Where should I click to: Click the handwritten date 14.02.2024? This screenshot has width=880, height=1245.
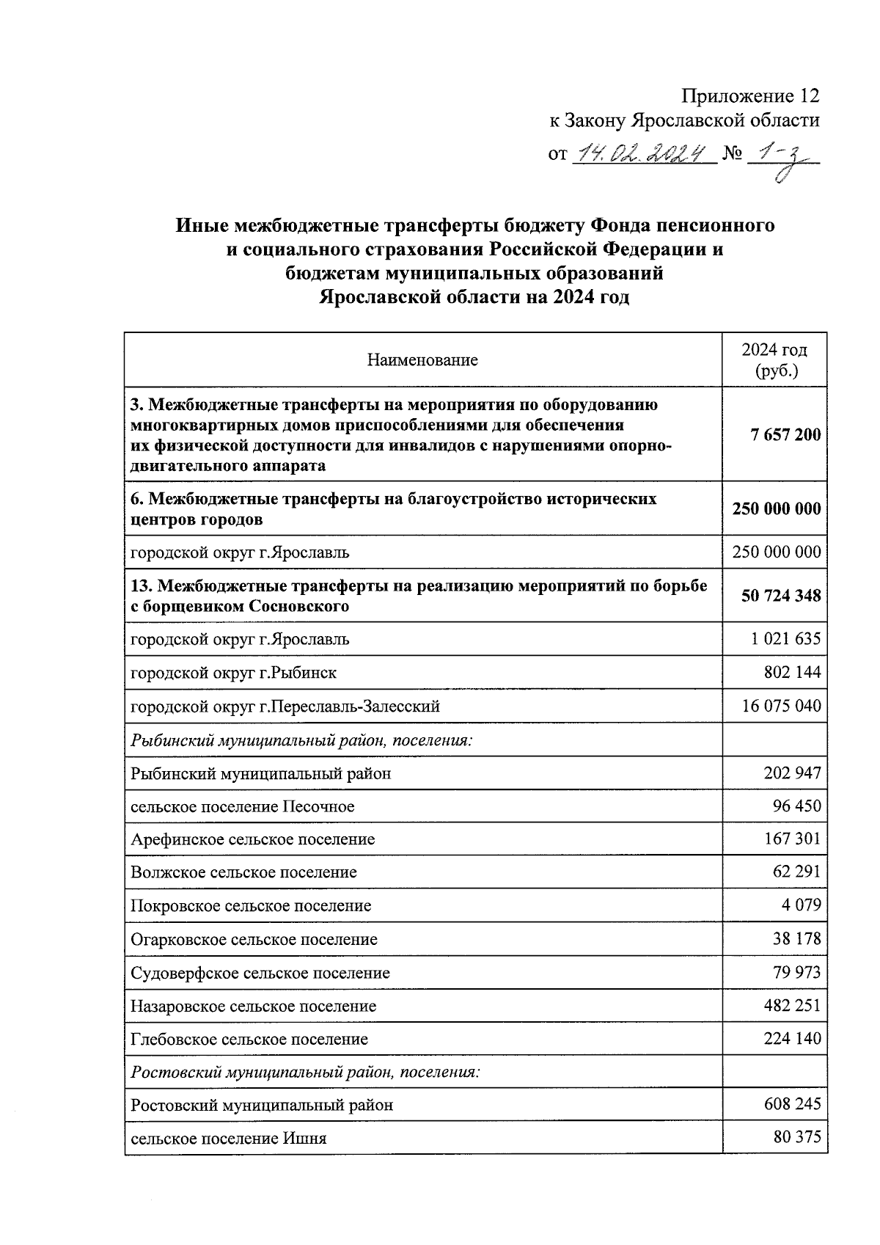pyautogui.click(x=642, y=153)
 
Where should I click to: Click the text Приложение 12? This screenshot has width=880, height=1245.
pyautogui.click(x=749, y=96)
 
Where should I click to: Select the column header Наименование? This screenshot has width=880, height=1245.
pyautogui.click(x=422, y=360)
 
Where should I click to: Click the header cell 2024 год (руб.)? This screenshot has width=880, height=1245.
pyautogui.click(x=774, y=360)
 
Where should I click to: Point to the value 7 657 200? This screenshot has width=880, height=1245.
pyautogui.click(x=785, y=435)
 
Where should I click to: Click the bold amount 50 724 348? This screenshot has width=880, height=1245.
pyautogui.click(x=781, y=596)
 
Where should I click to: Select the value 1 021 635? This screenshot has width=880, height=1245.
pyautogui.click(x=785, y=639)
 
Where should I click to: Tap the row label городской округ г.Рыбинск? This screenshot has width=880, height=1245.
pyautogui.click(x=234, y=673)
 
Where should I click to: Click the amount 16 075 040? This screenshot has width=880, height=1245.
pyautogui.click(x=781, y=706)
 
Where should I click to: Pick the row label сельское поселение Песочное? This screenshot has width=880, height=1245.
pyautogui.click(x=243, y=807)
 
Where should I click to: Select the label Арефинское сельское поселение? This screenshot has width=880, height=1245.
pyautogui.click(x=253, y=839)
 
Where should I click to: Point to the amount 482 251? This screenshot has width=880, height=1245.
pyautogui.click(x=792, y=1006)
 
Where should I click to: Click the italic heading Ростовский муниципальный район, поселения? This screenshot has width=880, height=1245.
pyautogui.click(x=305, y=1073)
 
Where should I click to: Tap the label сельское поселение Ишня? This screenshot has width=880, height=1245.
pyautogui.click(x=229, y=1139)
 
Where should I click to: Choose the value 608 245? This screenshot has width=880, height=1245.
pyautogui.click(x=792, y=1104)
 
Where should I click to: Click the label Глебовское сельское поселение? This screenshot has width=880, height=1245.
pyautogui.click(x=249, y=1040)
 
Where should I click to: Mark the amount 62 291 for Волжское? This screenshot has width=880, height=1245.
pyautogui.click(x=796, y=872)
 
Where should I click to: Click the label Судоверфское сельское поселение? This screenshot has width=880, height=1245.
pyautogui.click(x=260, y=974)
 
